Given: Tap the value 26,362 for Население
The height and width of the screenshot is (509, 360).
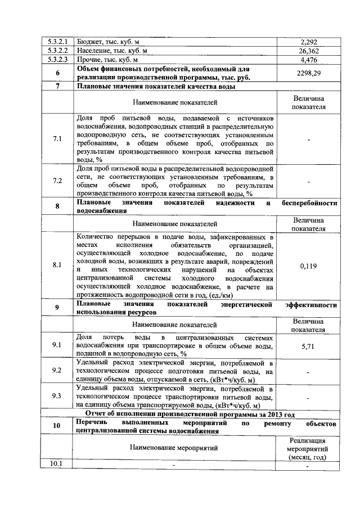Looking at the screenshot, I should click(309, 51).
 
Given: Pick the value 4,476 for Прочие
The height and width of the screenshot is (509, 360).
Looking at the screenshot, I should click(309, 60).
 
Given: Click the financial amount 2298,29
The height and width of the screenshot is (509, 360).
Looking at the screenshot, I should click(309, 74).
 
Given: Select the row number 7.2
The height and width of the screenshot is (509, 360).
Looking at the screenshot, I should click(57, 181).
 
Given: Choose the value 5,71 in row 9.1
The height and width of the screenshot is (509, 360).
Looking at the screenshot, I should click(309, 346).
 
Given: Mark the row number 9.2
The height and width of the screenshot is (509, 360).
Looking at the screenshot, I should click(57, 371).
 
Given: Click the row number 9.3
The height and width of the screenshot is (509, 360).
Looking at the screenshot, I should click(57, 396).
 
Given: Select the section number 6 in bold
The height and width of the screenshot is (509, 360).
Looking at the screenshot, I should click(57, 74).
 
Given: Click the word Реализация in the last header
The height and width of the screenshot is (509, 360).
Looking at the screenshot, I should click(308, 440).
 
